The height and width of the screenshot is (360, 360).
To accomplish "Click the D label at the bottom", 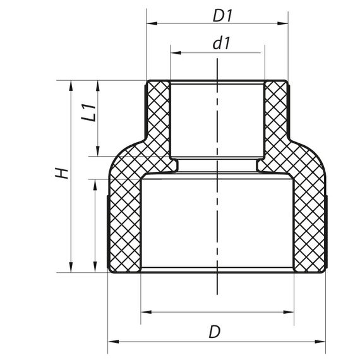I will pos(215,331).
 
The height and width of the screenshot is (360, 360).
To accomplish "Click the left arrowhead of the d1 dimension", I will pos(174,53).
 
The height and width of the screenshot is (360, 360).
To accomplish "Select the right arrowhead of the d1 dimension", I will pos(259,53).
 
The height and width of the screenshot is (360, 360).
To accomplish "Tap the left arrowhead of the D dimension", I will pos(112,342).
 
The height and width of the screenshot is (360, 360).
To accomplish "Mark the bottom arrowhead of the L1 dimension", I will pos(98,152).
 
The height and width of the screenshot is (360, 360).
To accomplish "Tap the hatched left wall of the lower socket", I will pos(124,221).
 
